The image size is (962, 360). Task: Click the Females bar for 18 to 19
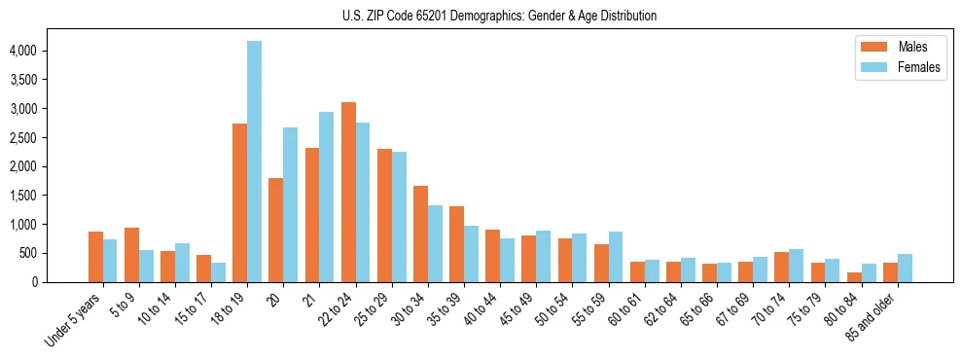point(254,162)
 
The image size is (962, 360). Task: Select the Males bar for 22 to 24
point(348,192)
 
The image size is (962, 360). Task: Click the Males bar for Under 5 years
point(95,257)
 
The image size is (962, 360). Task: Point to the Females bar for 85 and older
point(905,269)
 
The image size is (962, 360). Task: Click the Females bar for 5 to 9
point(146,266)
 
